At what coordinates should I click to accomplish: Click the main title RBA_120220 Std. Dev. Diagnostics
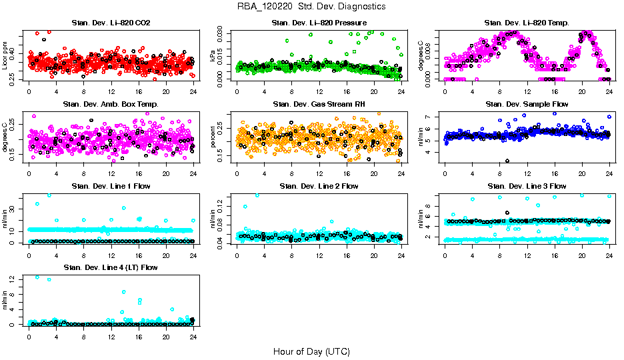[x=311, y=7]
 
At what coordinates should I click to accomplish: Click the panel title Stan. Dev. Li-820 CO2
[x=111, y=23]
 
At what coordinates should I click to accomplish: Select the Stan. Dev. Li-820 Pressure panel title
[x=319, y=23]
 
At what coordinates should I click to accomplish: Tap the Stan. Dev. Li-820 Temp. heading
[x=526, y=23]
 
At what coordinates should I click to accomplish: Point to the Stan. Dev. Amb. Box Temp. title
[x=111, y=105]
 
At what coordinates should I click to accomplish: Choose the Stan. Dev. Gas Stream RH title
[x=319, y=105]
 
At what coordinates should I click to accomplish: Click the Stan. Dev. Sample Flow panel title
[x=526, y=105]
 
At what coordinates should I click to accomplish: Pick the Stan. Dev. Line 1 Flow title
[x=111, y=186]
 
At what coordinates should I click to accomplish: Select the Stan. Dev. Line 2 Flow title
[x=319, y=186]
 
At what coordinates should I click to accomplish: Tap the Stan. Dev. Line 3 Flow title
[x=526, y=186]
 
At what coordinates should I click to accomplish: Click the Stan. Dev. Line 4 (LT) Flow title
[x=111, y=267]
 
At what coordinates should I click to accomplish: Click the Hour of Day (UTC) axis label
[x=311, y=351]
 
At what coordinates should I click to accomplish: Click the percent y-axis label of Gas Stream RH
[x=213, y=137]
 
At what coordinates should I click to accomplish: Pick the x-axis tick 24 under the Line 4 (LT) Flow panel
[x=193, y=337]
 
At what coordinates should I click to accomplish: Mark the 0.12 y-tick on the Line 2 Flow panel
[x=223, y=208]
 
